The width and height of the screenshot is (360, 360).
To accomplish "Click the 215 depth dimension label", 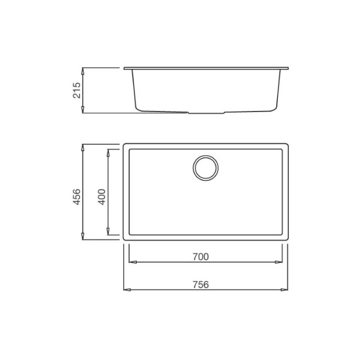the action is pyautogui.click(x=77, y=90).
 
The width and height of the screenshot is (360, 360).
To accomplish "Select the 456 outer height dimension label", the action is pyautogui.click(x=76, y=197).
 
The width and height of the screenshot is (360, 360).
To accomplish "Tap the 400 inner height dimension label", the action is pyautogui.click(x=102, y=197).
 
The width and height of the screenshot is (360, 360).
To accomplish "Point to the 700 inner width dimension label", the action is pyautogui.click(x=201, y=256).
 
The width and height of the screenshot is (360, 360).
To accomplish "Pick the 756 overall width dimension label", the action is pyautogui.click(x=201, y=285).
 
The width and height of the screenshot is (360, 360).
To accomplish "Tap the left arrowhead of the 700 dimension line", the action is pyautogui.click(x=133, y=262).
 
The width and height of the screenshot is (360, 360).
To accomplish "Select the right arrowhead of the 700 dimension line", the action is pyautogui.click(x=279, y=262).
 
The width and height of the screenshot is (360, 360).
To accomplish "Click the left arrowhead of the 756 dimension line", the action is pyautogui.click(x=127, y=290).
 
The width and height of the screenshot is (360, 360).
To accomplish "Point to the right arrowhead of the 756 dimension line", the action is pyautogui.click(x=284, y=290).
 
